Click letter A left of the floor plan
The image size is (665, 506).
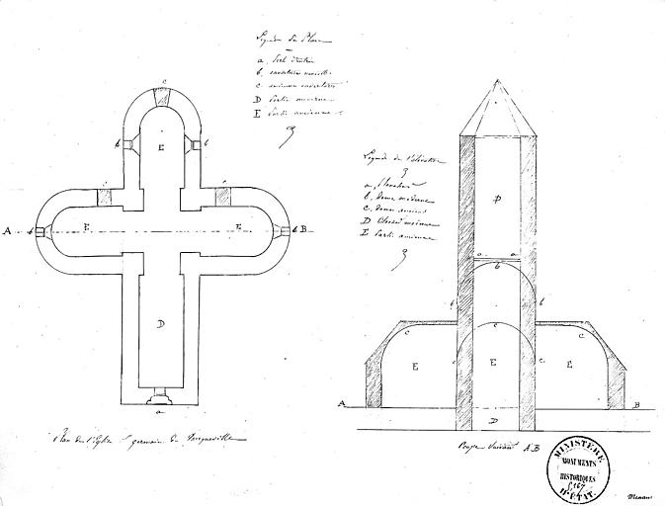click(x=8, y=231)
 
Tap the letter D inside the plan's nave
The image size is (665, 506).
click(x=160, y=323)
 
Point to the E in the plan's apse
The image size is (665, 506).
click(x=160, y=145)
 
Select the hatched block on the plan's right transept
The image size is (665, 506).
click(x=222, y=195)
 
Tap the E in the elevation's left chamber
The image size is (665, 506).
click(x=415, y=366)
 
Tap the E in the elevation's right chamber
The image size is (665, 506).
click(x=570, y=365)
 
